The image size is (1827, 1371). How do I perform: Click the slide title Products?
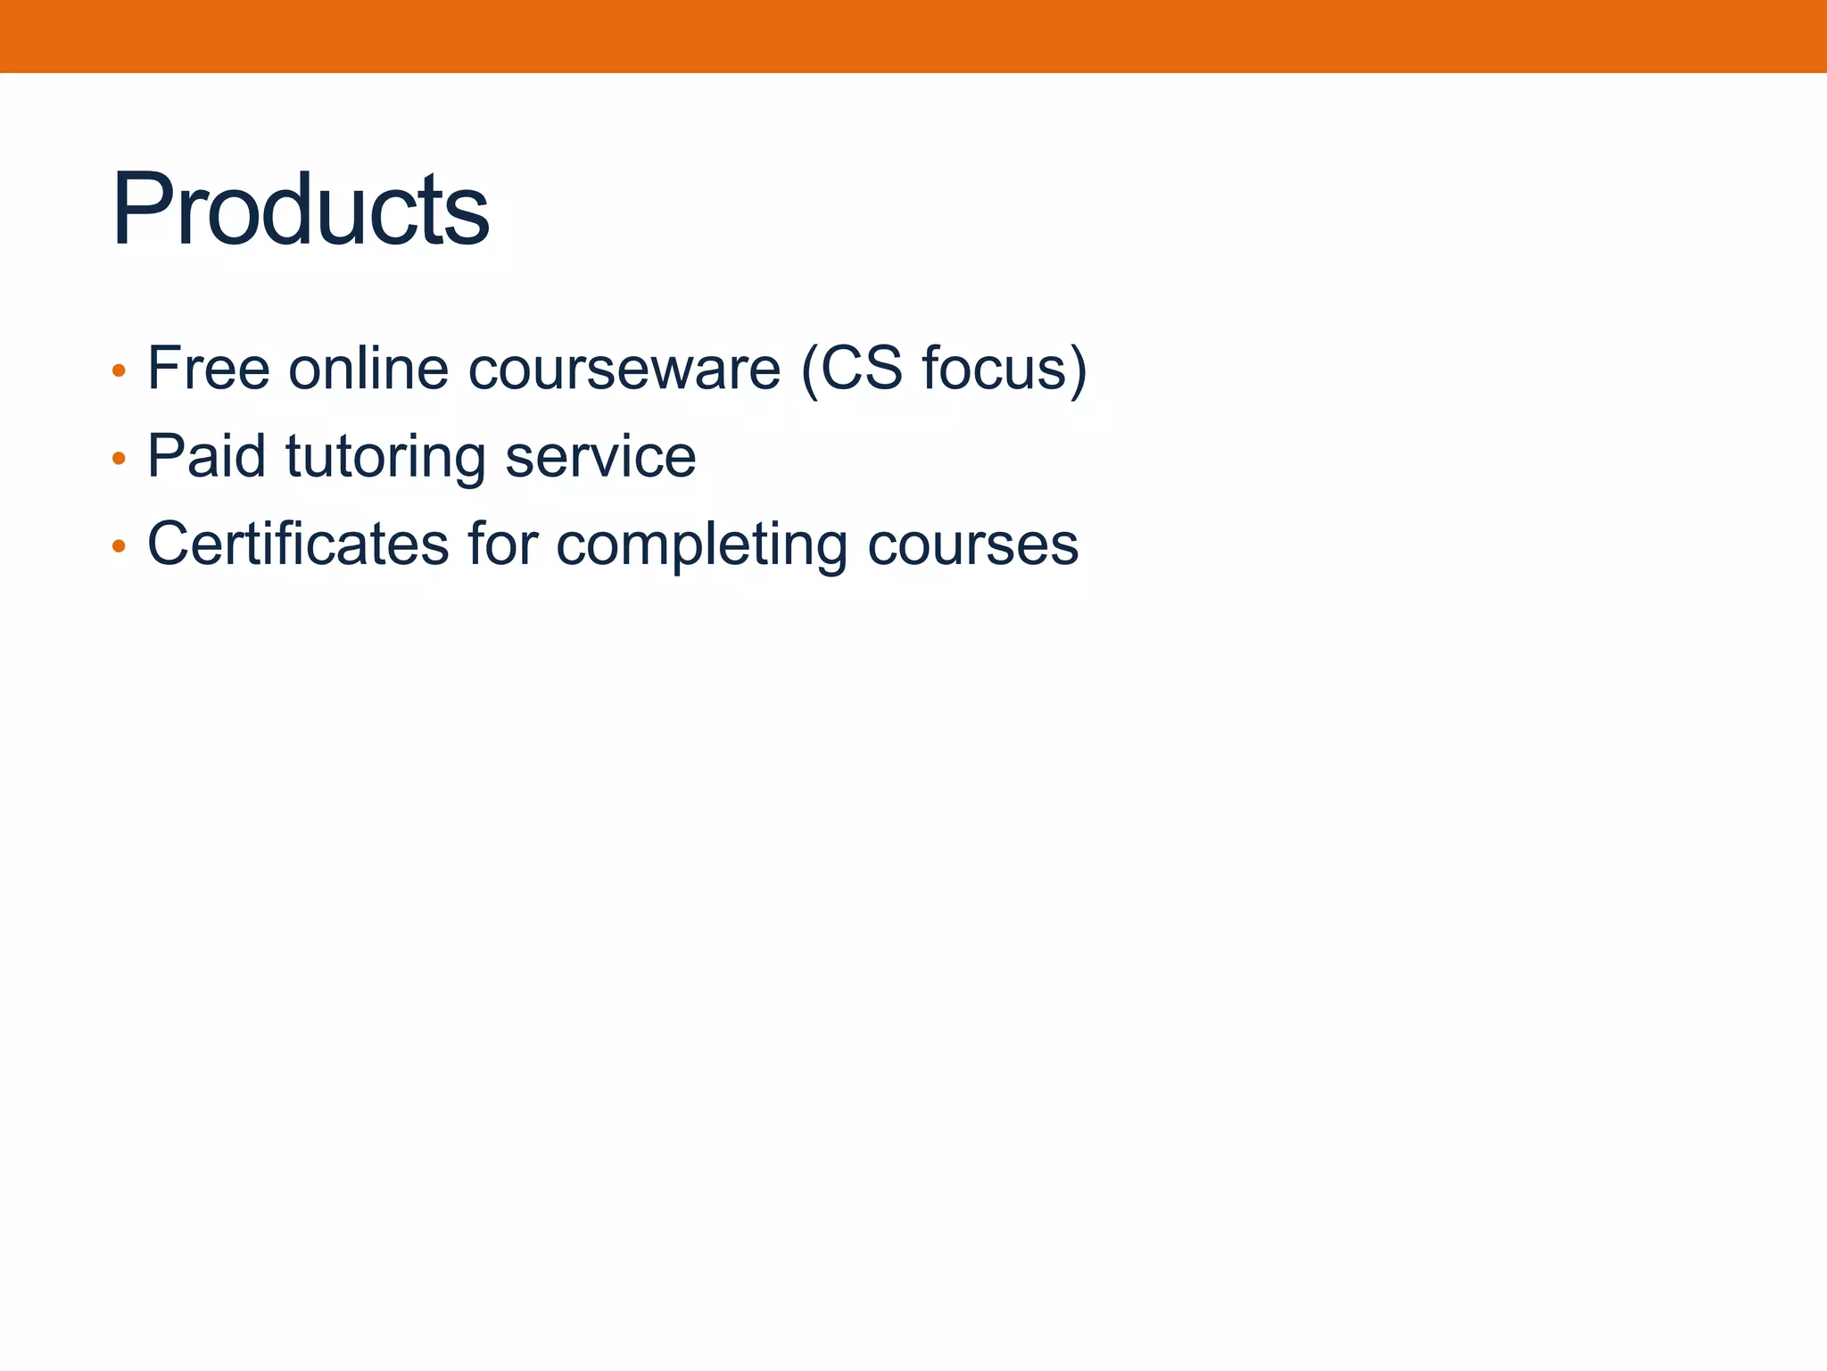300,211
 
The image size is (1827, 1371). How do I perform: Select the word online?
368,368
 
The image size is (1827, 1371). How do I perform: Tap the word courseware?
624,370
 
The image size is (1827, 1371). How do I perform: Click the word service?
600,456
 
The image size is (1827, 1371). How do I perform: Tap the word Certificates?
298,544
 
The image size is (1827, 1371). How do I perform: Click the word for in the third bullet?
503,544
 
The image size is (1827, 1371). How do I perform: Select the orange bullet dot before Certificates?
119,546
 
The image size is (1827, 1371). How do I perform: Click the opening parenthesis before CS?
810,370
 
